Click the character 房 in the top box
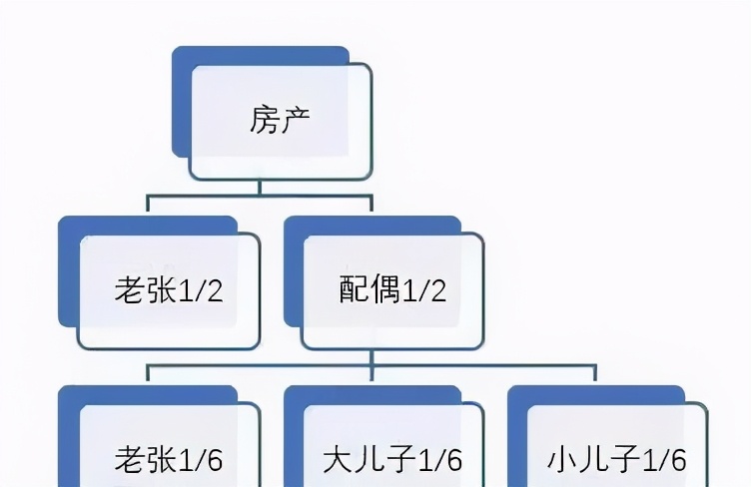265,120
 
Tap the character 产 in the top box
295,120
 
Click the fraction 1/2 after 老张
201,290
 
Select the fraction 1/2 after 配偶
424,290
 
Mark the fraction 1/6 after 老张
201,460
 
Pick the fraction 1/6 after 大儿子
440,460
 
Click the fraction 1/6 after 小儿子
664,460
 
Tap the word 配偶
370,289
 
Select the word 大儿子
370,460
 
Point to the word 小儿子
593,460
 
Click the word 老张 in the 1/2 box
146,289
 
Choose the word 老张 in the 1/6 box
146,460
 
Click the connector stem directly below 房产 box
260,188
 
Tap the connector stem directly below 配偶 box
372,358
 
